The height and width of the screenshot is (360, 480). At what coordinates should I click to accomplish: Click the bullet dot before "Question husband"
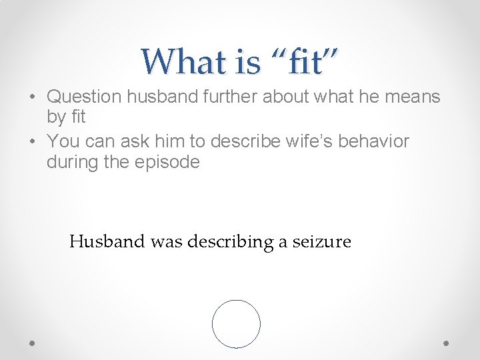[x=33, y=97]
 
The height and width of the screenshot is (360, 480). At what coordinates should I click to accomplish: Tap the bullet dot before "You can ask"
[x=33, y=141]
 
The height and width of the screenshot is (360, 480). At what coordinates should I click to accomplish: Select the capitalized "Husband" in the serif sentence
[x=107, y=241]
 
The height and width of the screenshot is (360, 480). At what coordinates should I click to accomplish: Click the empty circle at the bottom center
[x=236, y=324]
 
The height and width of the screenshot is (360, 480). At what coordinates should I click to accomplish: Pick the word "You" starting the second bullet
[x=63, y=141]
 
